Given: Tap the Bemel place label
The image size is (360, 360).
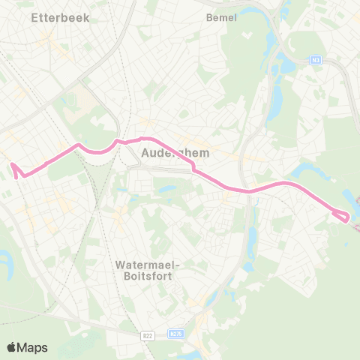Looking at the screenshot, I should point(221,17).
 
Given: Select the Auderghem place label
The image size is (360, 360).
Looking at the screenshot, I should point(175,151).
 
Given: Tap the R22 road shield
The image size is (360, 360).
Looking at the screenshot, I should point(148,335).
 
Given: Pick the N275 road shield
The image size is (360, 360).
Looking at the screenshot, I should point(176,333).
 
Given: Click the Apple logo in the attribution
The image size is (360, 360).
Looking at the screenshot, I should point(11,347).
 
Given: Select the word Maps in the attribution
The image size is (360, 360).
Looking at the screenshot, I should point(33,347).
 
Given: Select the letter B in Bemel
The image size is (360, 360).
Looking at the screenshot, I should point(208,17).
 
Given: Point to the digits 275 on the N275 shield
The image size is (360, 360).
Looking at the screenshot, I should point(178,333).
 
